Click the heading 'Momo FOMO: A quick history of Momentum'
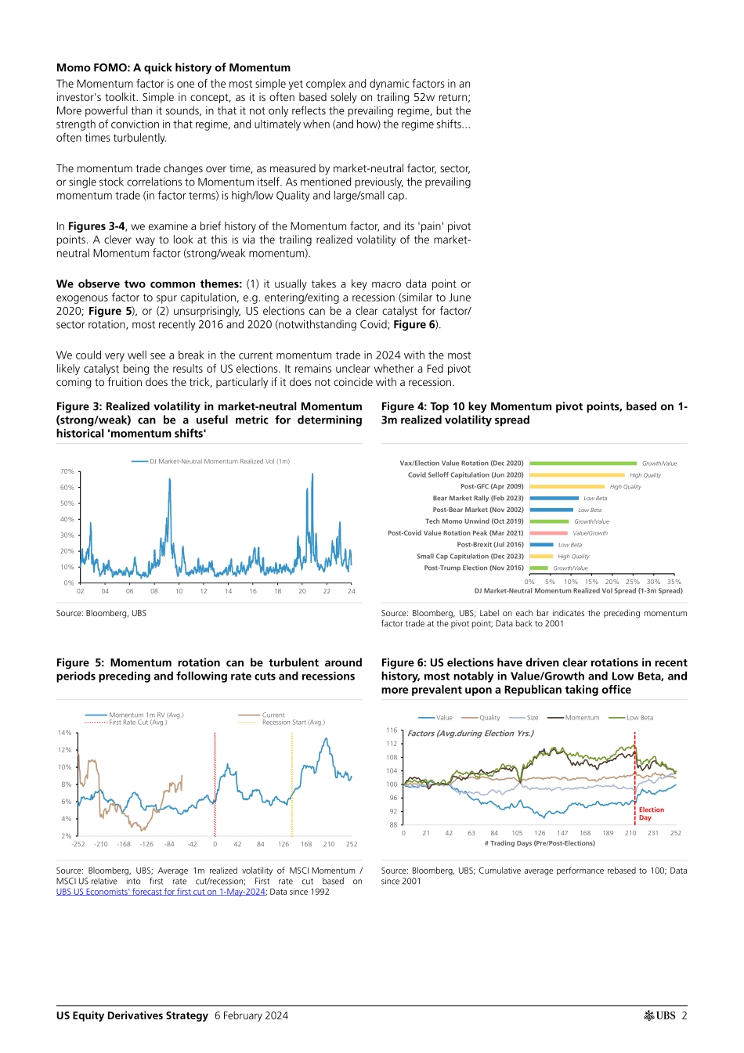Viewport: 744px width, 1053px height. [x=173, y=68]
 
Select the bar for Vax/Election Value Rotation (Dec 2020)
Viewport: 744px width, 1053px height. [x=583, y=463]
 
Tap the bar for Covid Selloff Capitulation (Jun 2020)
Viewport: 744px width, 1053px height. [x=577, y=474]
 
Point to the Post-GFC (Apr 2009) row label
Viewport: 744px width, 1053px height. [x=492, y=486]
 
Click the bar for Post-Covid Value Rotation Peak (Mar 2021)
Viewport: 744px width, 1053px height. [x=548, y=533]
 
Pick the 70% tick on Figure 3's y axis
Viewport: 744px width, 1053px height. [x=67, y=471]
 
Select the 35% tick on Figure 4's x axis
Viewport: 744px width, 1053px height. [x=674, y=582]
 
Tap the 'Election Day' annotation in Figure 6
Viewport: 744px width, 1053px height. [x=651, y=813]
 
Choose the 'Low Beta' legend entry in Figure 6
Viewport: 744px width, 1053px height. [x=639, y=717]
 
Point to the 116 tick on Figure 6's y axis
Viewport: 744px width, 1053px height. [x=392, y=730]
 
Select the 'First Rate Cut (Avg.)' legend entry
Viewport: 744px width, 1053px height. [x=137, y=722]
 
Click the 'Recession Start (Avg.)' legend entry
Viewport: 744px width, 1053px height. [x=293, y=722]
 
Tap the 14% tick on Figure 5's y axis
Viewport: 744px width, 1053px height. [x=64, y=733]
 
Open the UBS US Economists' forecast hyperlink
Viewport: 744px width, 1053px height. [x=161, y=892]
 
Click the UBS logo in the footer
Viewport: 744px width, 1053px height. [x=660, y=1015]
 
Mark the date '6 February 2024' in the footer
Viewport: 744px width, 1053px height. [x=251, y=1015]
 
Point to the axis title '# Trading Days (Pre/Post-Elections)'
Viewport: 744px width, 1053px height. [x=540, y=843]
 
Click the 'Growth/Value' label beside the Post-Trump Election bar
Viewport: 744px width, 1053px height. [x=570, y=568]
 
